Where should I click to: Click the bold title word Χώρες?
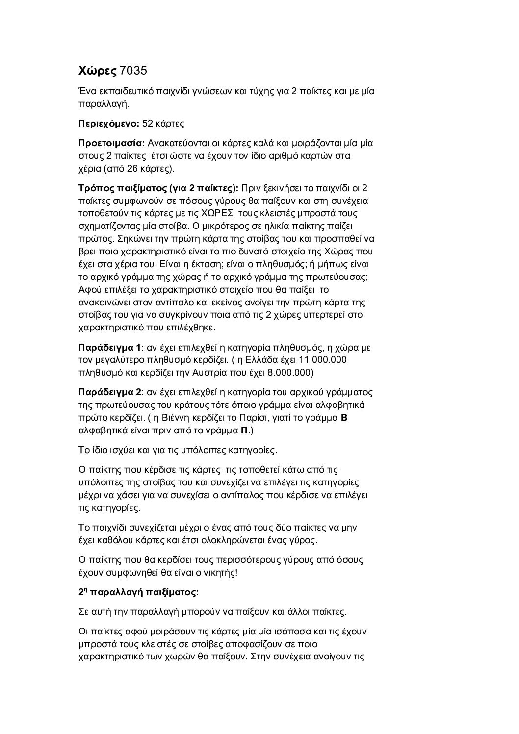98,71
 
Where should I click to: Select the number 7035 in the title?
133,71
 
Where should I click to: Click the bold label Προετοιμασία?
111,143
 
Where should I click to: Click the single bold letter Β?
344,418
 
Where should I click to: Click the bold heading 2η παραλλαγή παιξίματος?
138,592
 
